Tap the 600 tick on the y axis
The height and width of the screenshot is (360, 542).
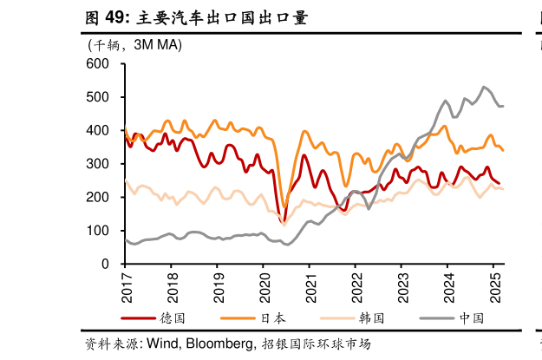point(97,64)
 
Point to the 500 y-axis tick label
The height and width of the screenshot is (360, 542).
point(97,97)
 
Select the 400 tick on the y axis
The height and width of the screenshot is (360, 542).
point(97,131)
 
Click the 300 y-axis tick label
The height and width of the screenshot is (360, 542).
point(97,164)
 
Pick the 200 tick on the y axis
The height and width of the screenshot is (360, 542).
point(97,197)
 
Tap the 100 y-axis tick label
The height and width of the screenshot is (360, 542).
point(97,231)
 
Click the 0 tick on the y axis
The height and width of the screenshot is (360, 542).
point(105,264)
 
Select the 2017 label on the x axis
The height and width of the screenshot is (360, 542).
point(127,285)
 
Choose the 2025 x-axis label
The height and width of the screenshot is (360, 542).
point(493,285)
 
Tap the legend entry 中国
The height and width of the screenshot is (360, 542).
point(471,318)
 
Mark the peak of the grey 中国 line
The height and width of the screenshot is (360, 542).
point(484,87)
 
